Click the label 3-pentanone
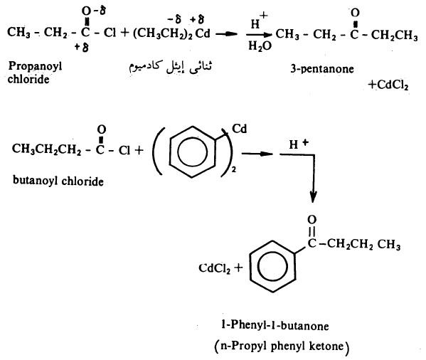pyautogui.click(x=322, y=69)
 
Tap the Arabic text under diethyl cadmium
pyautogui.click(x=170, y=68)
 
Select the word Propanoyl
pyautogui.click(x=36, y=67)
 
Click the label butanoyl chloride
pyautogui.click(x=58, y=181)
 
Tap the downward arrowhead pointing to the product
pyautogui.click(x=313, y=197)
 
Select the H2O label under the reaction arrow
pyautogui.click(x=260, y=46)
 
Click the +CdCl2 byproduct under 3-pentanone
pyautogui.click(x=388, y=85)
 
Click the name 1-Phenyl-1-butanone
pyautogui.click(x=275, y=326)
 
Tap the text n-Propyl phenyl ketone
pyautogui.click(x=282, y=346)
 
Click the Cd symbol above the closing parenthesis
pyautogui.click(x=240, y=129)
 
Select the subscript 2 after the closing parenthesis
pyautogui.click(x=234, y=170)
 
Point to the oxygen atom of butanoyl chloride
pyautogui.click(x=101, y=129)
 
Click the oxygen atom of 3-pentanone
pyautogui.click(x=355, y=13)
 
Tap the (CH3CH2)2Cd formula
pyautogui.click(x=171, y=33)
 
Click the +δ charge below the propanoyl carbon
pyautogui.click(x=82, y=48)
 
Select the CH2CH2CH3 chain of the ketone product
pyautogui.click(x=363, y=244)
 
